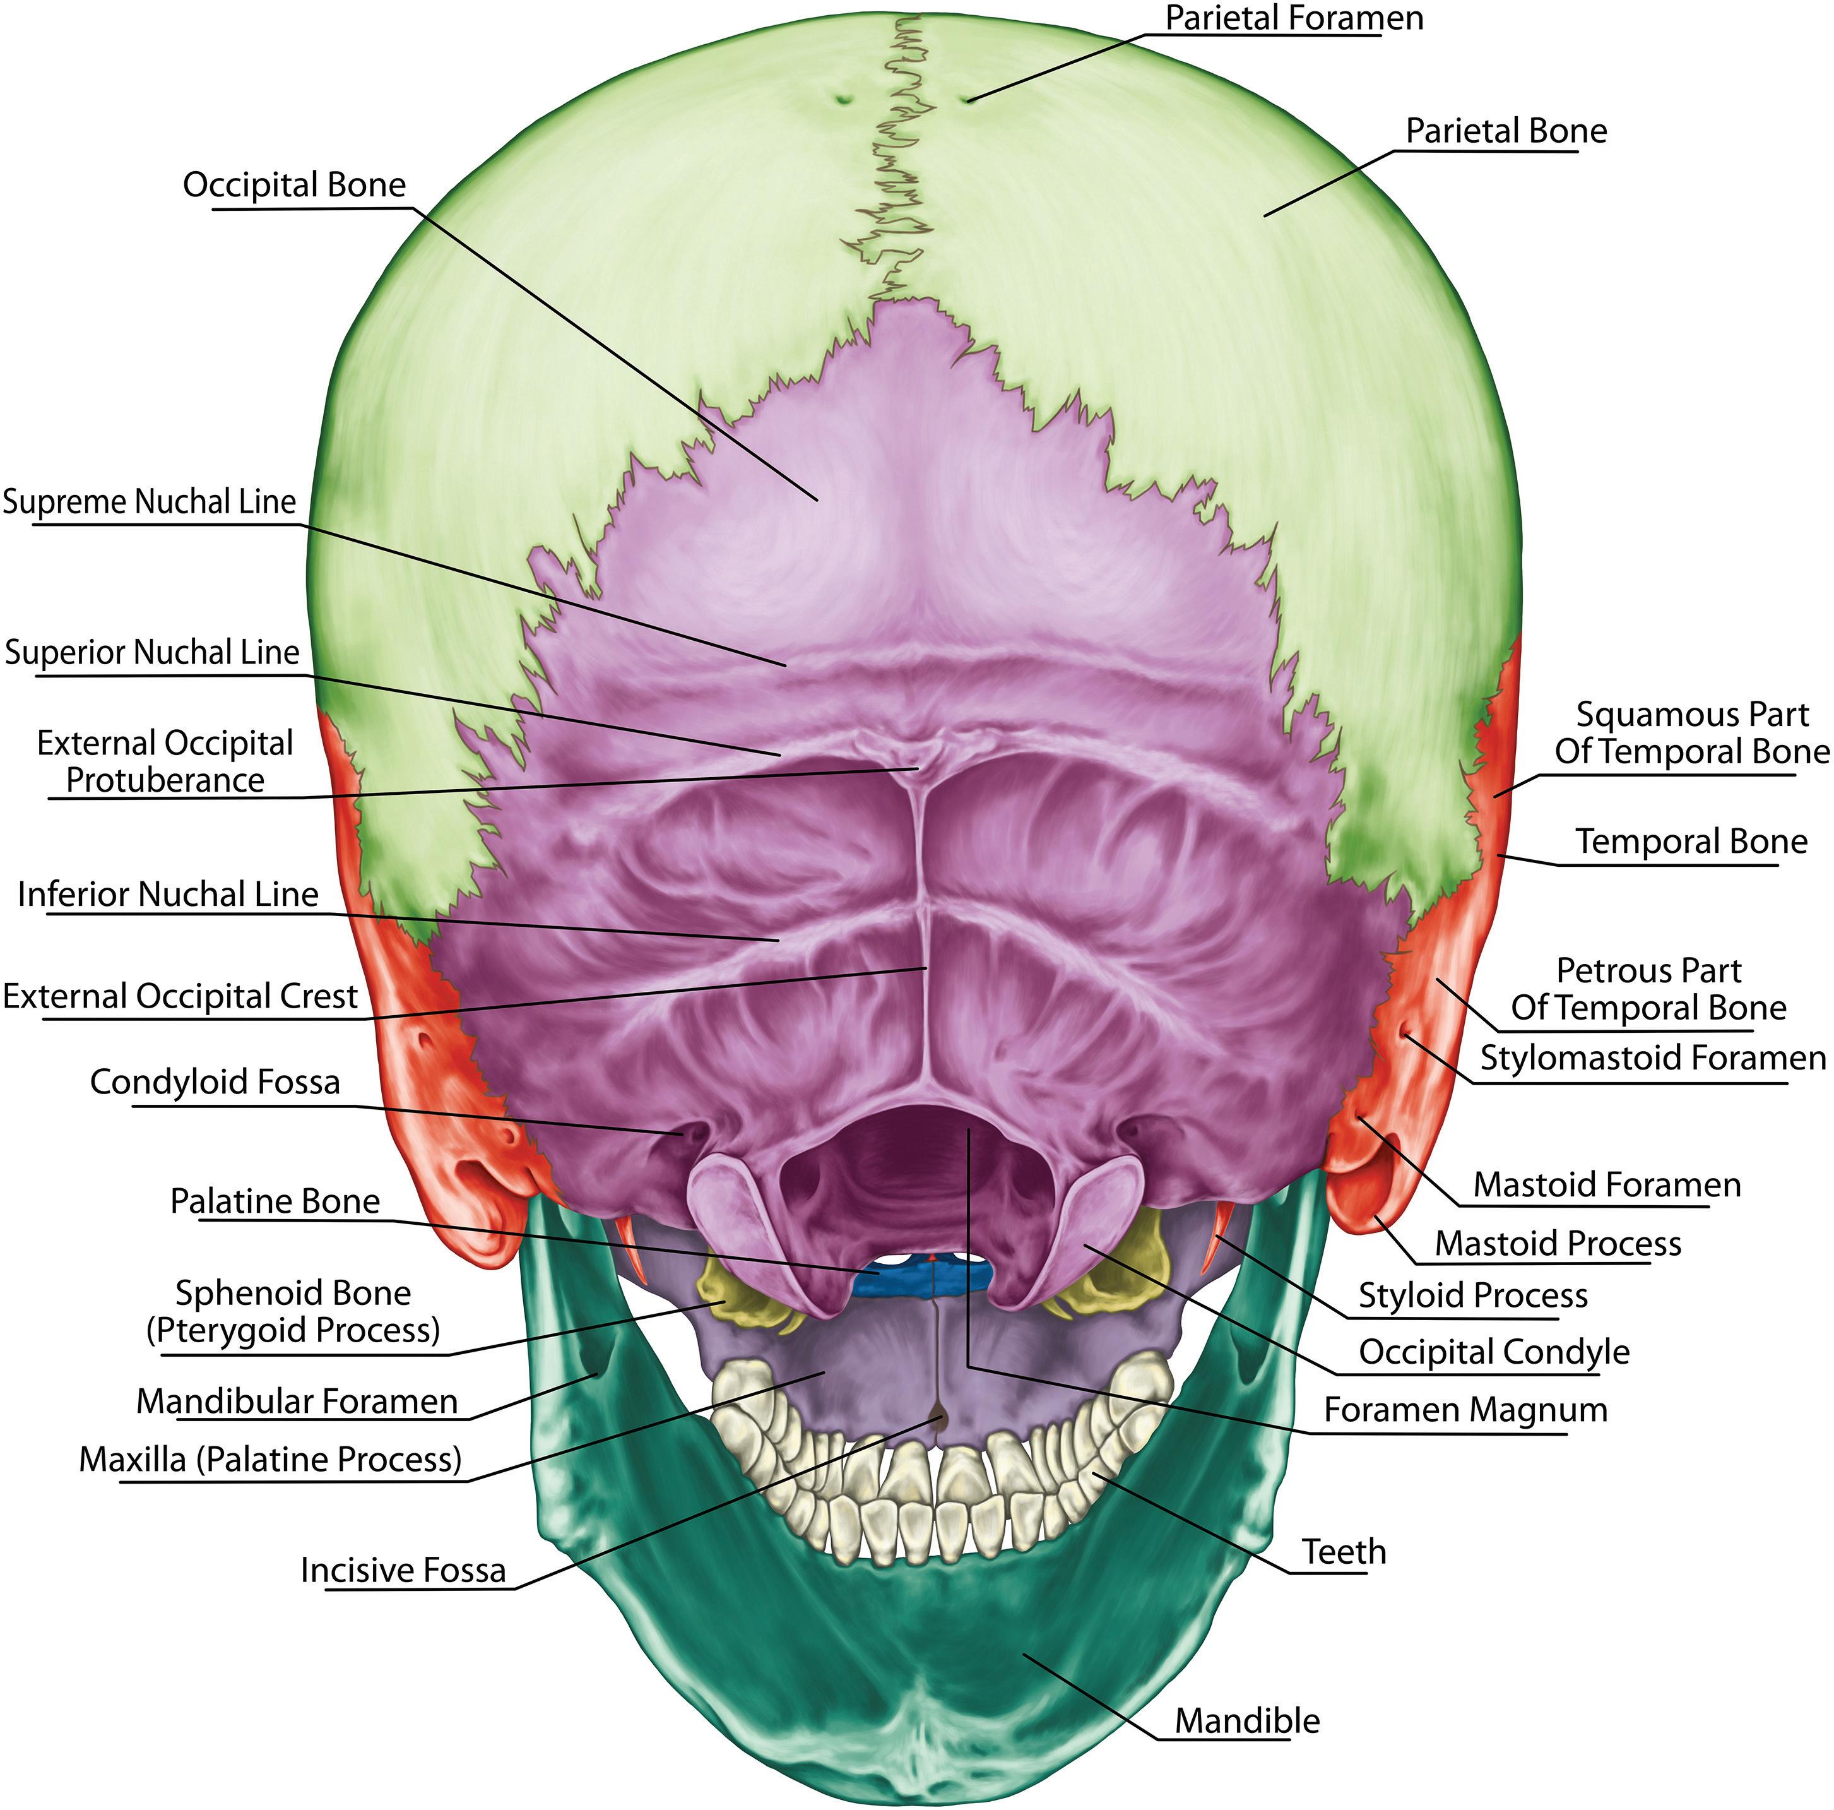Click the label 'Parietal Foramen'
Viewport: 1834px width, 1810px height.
coord(1294,18)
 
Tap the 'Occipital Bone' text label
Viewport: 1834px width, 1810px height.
coord(294,184)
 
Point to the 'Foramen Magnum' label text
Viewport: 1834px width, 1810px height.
coord(1465,1409)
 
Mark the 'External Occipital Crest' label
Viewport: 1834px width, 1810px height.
coord(180,996)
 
